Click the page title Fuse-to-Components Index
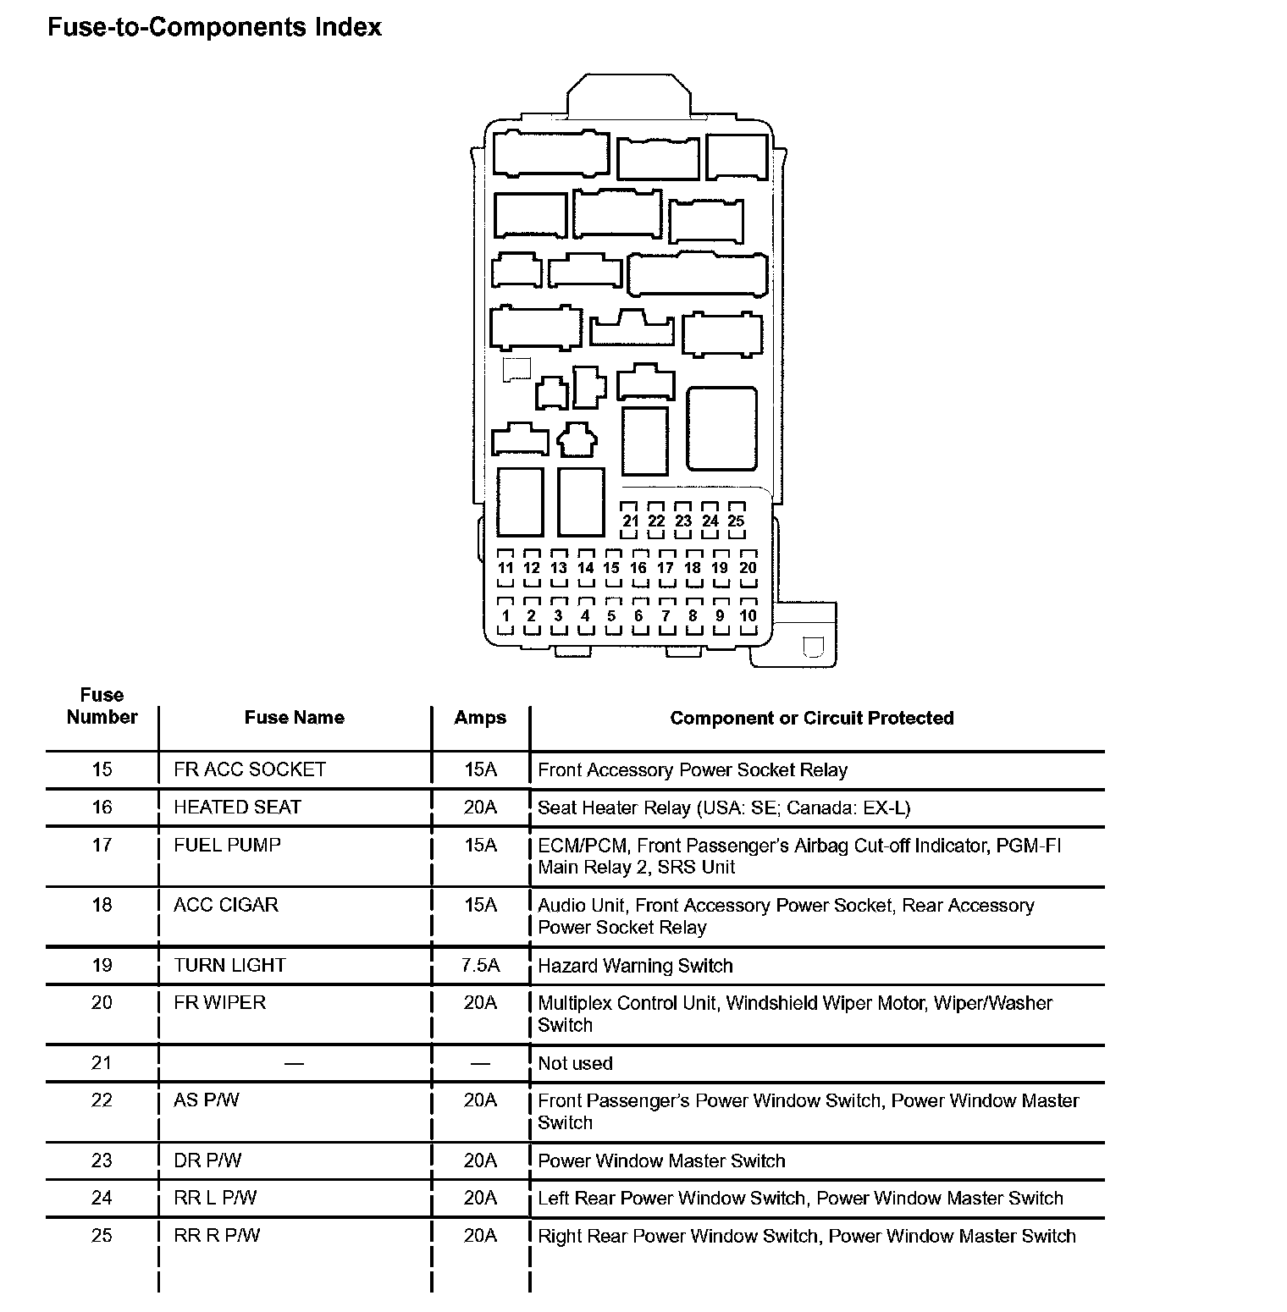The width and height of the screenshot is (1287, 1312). pos(214,27)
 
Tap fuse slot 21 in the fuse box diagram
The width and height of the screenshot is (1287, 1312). pos(630,521)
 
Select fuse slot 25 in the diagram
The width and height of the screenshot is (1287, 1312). pos(736,521)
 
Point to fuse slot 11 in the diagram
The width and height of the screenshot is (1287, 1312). pos(505,568)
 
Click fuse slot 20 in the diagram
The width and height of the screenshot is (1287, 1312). pos(748,568)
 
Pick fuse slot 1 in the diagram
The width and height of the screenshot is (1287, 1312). pos(505,615)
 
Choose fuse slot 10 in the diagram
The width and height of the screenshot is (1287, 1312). pos(748,615)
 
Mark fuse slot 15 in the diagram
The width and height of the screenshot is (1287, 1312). pos(611,568)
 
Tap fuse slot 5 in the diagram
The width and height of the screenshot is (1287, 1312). pos(611,615)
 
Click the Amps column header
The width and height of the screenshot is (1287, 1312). pos(480,718)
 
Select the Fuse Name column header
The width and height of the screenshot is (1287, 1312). pos(294,718)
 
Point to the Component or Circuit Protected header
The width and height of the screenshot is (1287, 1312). pos(811,718)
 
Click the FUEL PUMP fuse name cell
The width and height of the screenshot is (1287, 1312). pos(227,845)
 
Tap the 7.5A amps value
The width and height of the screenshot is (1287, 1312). pos(480,965)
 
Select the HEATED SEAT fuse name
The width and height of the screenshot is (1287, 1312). pos(237,807)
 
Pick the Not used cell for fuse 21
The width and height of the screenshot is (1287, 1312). pos(575,1063)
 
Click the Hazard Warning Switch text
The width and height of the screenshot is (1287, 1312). pos(635,966)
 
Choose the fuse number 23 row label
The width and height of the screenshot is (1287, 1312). pos(102,1160)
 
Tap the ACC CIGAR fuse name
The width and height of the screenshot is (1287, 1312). pos(225,905)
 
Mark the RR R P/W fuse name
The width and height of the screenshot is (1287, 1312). pos(217,1235)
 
